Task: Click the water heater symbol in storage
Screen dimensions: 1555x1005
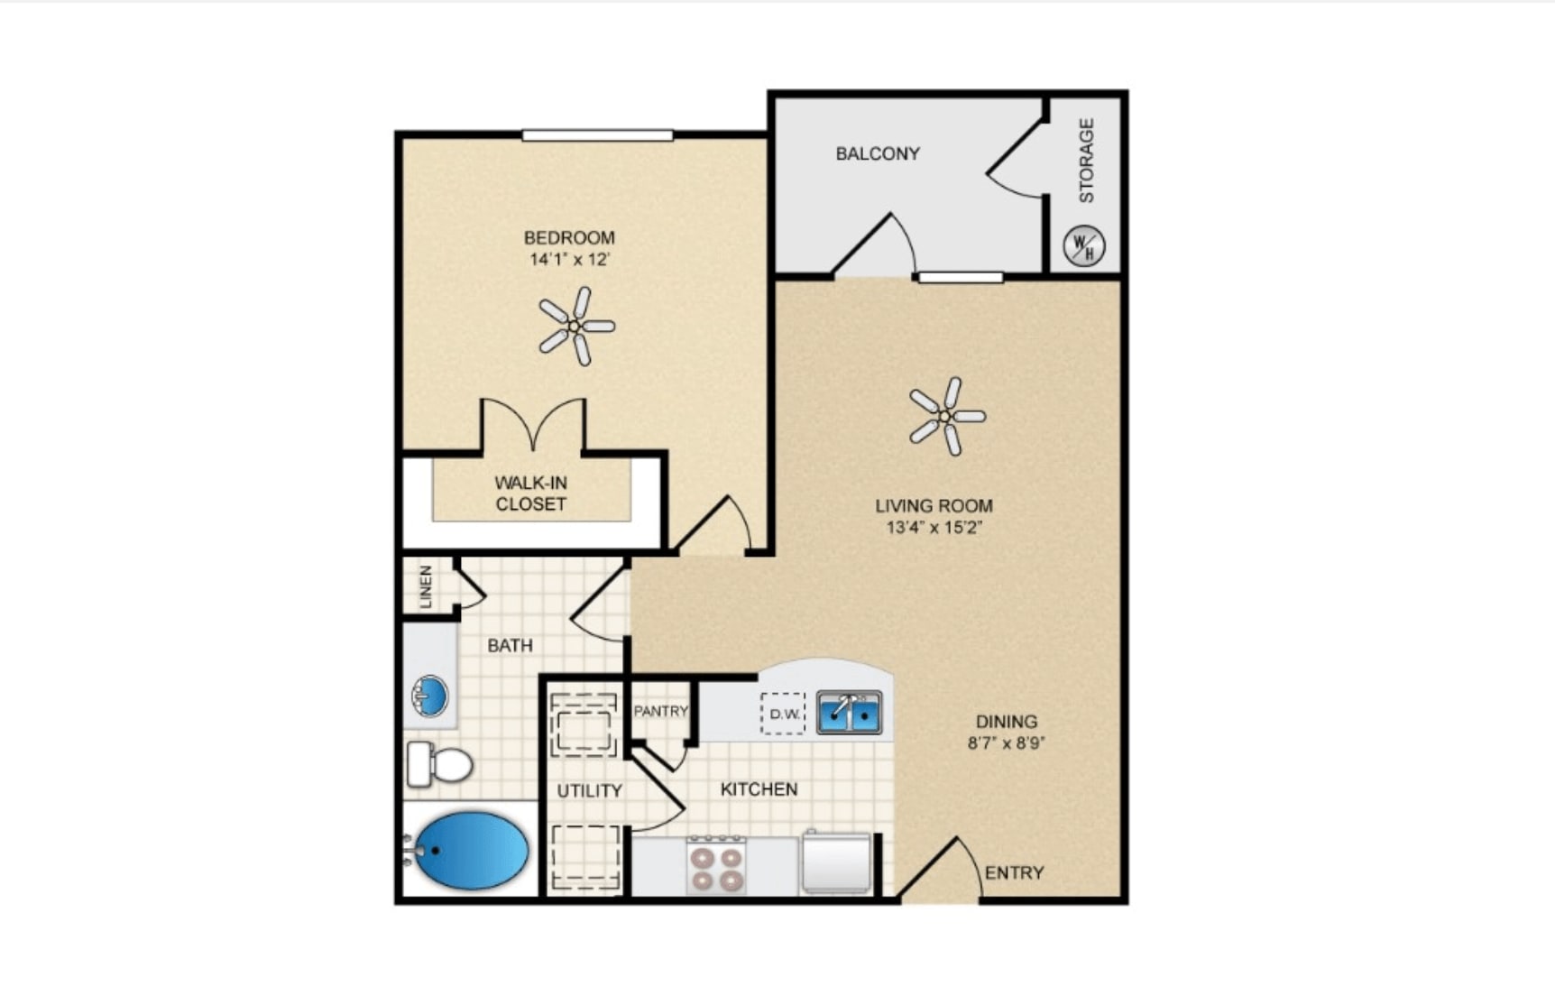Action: tap(1083, 245)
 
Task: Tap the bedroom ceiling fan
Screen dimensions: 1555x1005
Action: tap(576, 326)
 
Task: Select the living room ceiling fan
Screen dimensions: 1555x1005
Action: tap(947, 416)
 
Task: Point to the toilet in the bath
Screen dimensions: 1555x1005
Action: tap(439, 764)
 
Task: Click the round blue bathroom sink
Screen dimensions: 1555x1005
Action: tap(430, 696)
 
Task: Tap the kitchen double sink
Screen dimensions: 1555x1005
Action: tap(849, 713)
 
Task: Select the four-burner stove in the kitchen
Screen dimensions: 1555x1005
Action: tap(716, 865)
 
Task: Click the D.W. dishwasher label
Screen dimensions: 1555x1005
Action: tap(784, 714)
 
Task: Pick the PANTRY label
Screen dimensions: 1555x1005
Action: tap(660, 711)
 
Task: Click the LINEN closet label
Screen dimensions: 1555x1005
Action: tap(426, 586)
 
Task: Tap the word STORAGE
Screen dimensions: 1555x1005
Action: tap(1086, 161)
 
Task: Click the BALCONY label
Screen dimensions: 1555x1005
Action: tap(878, 153)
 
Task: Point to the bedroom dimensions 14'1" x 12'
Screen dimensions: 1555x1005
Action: tap(570, 260)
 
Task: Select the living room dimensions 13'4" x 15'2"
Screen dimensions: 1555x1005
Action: tap(934, 528)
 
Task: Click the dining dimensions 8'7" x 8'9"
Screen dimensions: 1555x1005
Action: tap(1007, 743)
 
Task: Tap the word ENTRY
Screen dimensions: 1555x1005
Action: tap(1014, 872)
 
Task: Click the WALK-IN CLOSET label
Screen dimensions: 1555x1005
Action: tap(531, 493)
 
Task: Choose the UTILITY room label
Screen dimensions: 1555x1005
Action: tap(590, 791)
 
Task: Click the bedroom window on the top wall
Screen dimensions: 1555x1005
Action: tap(597, 135)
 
